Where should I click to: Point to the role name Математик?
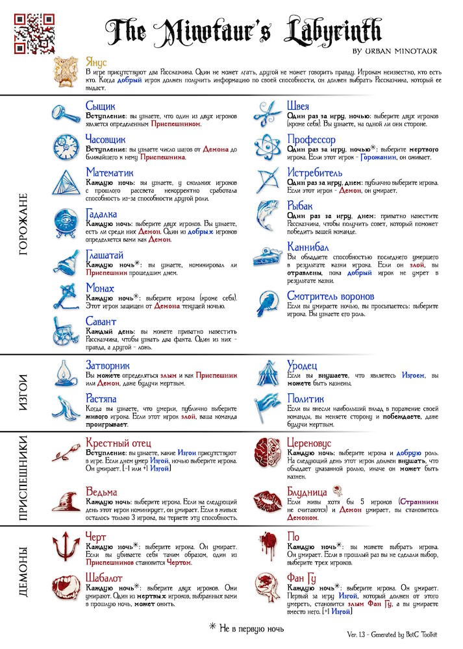coord(109,173)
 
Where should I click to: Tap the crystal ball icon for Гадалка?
coord(66,221)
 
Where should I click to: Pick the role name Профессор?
coord(311,140)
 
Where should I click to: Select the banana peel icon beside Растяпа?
coord(66,407)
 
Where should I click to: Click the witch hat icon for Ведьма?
coord(66,500)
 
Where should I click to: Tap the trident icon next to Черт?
coord(66,546)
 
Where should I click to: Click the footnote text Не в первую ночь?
coord(251,627)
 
